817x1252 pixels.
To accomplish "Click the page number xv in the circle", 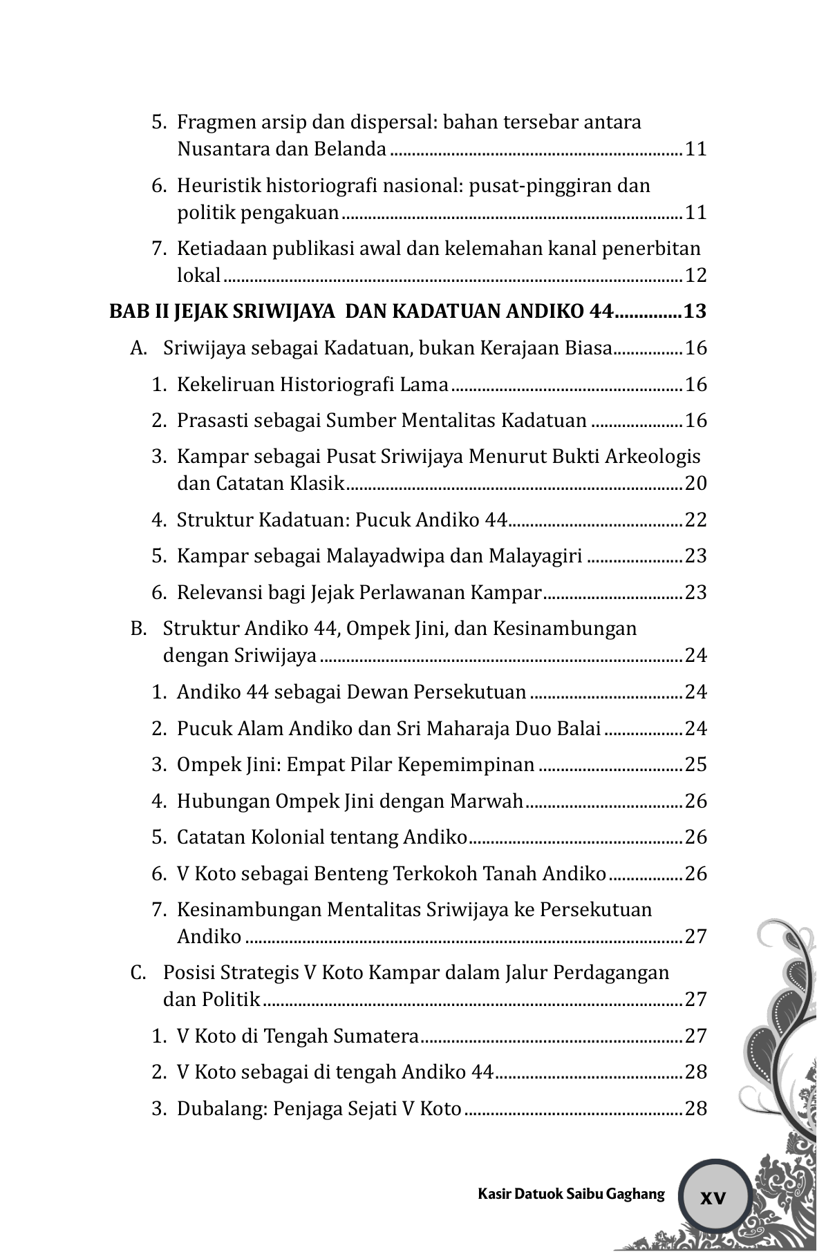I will [713, 1197].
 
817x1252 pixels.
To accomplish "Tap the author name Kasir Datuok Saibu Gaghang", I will [571, 1193].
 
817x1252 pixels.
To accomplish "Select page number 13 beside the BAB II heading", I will [695, 312].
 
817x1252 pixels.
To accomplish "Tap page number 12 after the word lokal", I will [696, 276].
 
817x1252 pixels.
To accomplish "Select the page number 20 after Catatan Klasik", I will [696, 483].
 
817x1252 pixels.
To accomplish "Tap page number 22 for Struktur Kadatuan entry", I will [696, 520].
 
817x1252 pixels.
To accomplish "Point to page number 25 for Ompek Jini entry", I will [696, 764].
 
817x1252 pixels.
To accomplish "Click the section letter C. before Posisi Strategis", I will [138, 973].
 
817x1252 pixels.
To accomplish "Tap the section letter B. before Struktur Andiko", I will [138, 629].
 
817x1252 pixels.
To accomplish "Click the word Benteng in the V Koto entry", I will [350, 873].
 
